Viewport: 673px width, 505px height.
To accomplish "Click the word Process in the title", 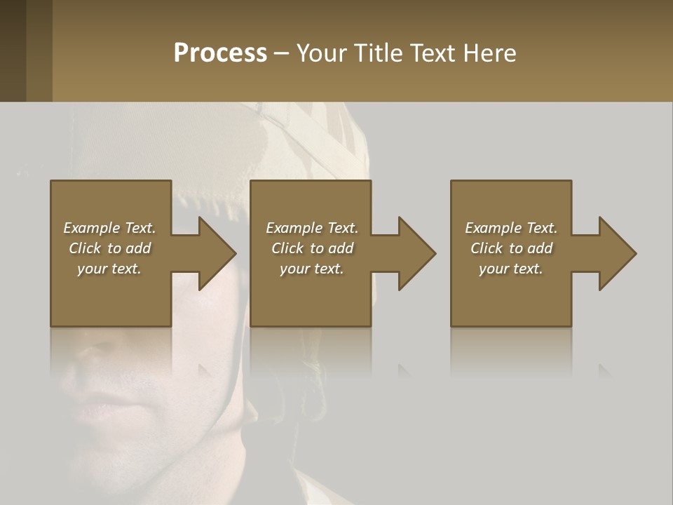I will coord(220,53).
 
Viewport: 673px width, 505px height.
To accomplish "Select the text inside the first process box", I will coord(109,248).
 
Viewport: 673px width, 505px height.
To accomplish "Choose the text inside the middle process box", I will coord(312,248).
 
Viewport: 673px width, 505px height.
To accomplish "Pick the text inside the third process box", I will coord(511,248).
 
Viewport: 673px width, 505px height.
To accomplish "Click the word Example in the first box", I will coord(91,228).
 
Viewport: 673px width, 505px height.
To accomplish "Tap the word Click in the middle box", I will coord(287,248).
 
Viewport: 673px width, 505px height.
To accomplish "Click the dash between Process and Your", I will coord(281,53).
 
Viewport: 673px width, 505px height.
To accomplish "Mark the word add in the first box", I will coord(138,248).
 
